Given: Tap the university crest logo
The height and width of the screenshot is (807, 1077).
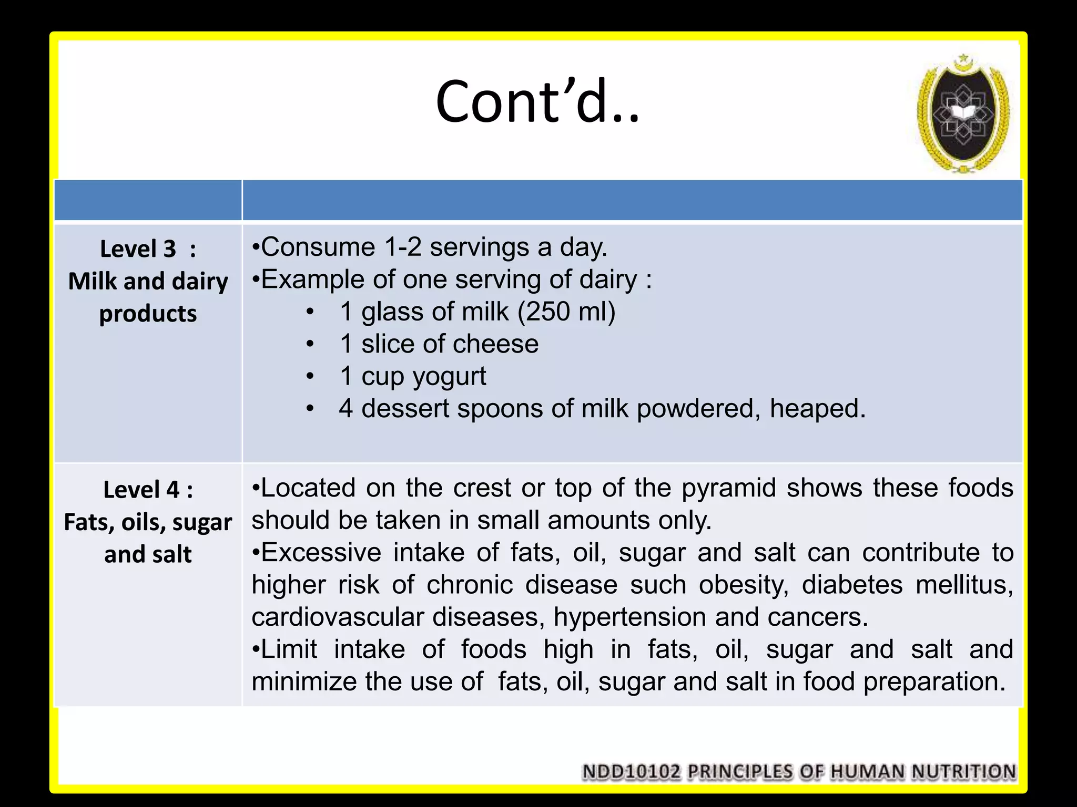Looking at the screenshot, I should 963,115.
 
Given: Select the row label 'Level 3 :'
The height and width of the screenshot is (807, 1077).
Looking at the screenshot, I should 148,249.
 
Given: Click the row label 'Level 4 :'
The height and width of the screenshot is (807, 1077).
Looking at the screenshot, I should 148,490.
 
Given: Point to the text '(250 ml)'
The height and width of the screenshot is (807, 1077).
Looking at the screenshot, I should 566,312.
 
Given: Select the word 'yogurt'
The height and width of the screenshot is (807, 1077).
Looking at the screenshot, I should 450,377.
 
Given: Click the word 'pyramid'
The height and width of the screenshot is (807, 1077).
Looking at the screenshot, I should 729,488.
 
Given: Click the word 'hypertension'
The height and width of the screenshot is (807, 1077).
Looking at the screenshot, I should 629,617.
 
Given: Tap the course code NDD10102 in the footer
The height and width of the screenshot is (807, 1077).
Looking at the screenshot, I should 631,772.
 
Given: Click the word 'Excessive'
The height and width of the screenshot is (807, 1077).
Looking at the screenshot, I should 321,553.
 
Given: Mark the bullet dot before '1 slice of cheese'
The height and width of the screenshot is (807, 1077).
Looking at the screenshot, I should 311,344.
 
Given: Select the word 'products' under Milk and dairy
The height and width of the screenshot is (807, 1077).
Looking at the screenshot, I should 148,314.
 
